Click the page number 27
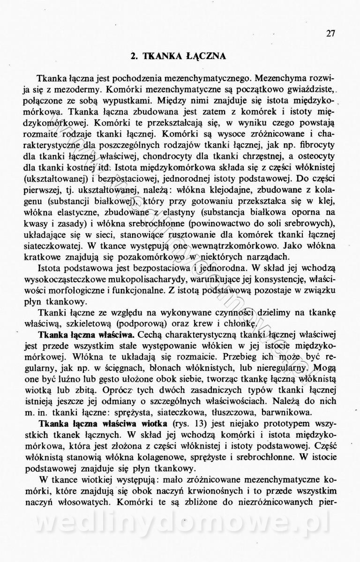(331, 33)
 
